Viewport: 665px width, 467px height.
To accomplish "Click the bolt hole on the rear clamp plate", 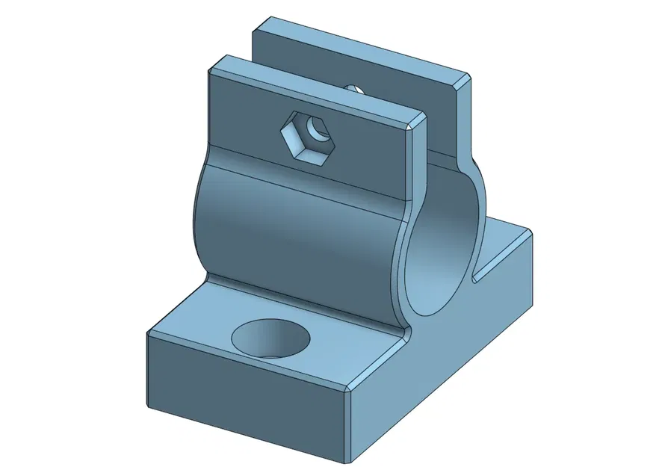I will tap(355, 87).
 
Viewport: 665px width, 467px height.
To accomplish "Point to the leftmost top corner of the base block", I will tap(149, 334).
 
